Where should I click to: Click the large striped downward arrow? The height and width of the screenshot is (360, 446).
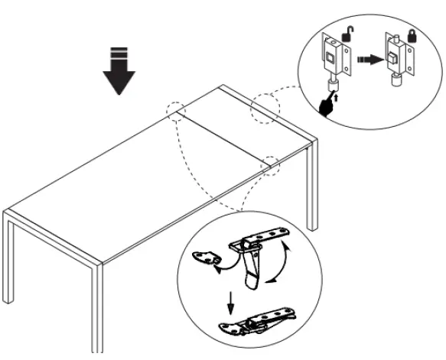[x=118, y=71]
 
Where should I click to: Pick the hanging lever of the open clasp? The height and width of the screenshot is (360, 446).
[x=250, y=271]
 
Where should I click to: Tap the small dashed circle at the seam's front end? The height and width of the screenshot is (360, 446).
[x=270, y=163]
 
